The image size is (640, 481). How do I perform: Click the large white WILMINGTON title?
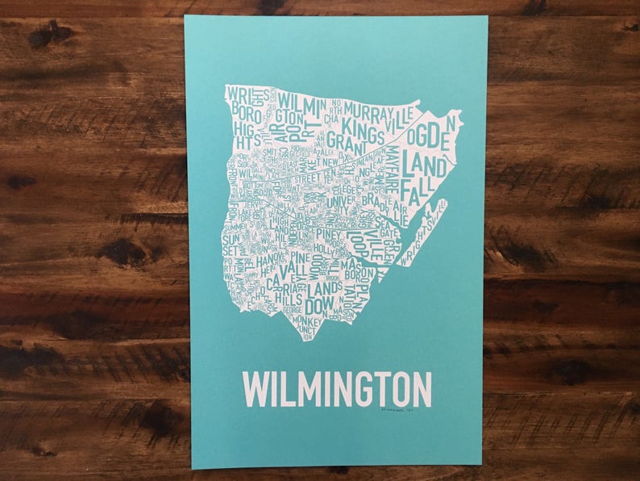[x=337, y=389]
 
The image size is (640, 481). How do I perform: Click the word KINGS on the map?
[x=363, y=126]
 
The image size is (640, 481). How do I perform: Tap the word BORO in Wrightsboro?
[x=243, y=107]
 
